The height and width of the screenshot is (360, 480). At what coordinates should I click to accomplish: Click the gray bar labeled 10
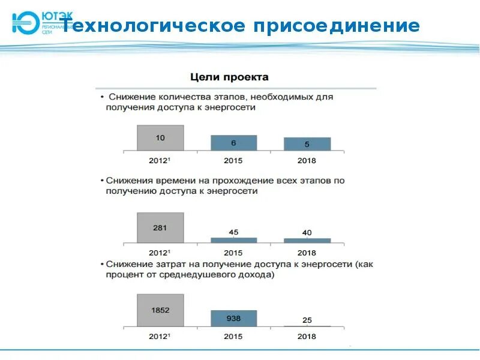[160, 138]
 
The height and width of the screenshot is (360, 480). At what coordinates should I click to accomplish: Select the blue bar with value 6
[233, 143]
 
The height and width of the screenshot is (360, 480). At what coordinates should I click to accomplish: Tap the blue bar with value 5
[307, 144]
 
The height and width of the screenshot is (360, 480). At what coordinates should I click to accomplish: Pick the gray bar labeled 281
[160, 228]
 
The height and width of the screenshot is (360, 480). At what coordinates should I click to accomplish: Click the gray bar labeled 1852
[160, 310]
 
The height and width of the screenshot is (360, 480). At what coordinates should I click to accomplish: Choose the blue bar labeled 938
[233, 318]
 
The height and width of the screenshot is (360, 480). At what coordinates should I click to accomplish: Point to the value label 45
[233, 232]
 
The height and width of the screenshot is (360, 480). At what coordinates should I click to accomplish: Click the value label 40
[307, 233]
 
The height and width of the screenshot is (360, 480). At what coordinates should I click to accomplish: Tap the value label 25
[307, 320]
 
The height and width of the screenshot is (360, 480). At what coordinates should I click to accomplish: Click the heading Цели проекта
[229, 77]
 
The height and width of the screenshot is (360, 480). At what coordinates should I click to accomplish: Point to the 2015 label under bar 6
[233, 161]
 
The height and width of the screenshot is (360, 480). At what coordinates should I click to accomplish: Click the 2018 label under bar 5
[307, 161]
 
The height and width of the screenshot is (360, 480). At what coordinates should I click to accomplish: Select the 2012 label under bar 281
[160, 253]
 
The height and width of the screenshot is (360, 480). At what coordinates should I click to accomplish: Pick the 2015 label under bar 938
[233, 337]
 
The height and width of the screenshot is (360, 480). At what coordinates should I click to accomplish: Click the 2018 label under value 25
[307, 337]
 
